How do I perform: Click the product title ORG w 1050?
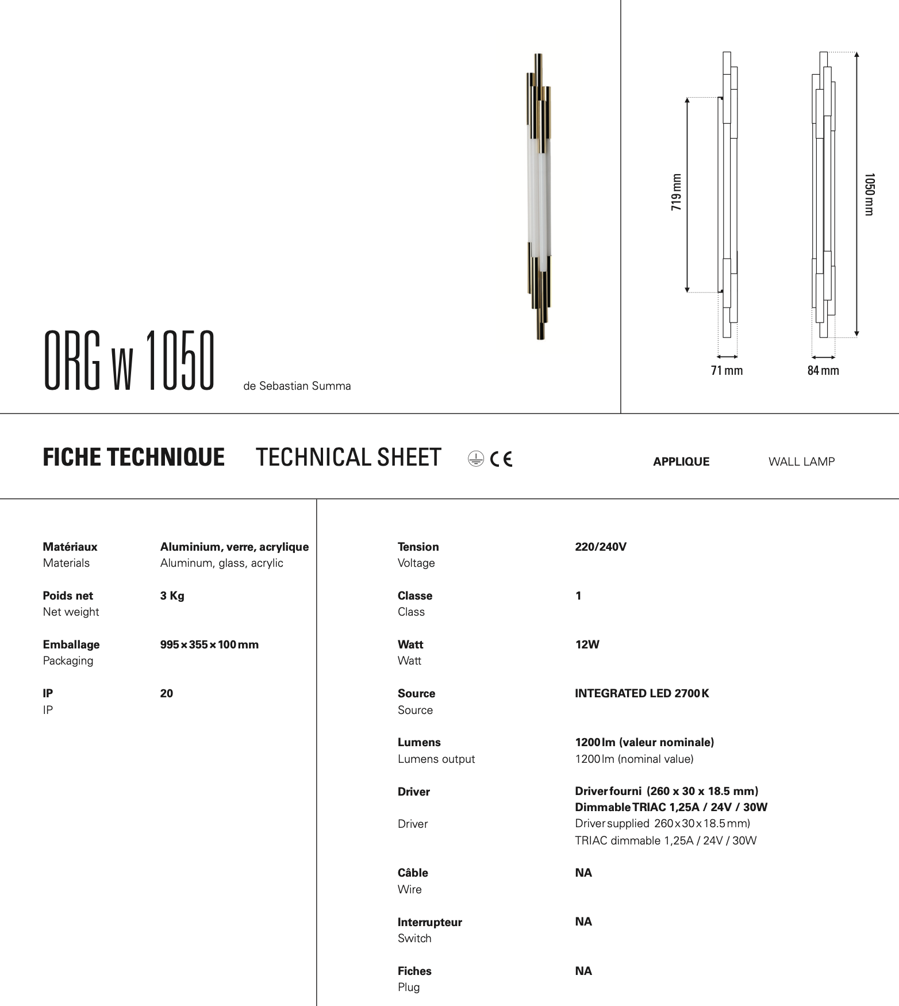(x=129, y=361)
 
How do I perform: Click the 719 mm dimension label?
(x=677, y=192)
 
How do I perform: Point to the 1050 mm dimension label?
(x=869, y=194)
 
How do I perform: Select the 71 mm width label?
(x=727, y=371)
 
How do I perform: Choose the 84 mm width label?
(x=823, y=371)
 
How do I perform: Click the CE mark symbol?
(x=501, y=459)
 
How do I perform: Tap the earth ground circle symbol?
(x=476, y=459)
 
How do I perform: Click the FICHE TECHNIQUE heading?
(x=133, y=458)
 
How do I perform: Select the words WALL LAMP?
(x=801, y=462)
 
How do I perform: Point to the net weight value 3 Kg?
(x=172, y=596)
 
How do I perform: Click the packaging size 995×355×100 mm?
(x=209, y=645)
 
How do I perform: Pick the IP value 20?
(x=167, y=694)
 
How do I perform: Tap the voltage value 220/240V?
(x=601, y=547)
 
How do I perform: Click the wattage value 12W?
(x=587, y=645)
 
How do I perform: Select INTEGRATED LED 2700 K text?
(x=641, y=694)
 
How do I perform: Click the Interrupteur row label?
(x=429, y=923)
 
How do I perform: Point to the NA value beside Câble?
(x=583, y=873)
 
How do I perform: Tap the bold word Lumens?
(x=419, y=743)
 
